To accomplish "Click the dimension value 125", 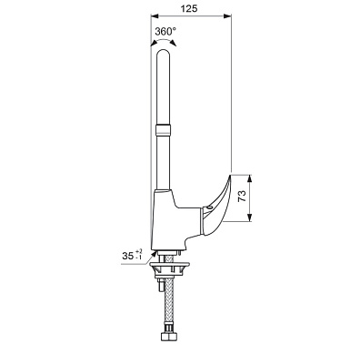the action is tap(189, 8).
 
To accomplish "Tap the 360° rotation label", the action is tap(165, 31).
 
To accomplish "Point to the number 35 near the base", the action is tap(128, 257).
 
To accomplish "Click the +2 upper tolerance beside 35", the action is tap(139, 251).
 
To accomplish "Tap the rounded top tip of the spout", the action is tap(164, 52).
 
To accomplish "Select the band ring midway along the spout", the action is tap(164, 129).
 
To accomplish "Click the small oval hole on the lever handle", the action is tap(209, 207).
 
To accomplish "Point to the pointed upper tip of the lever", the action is tap(230, 174).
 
